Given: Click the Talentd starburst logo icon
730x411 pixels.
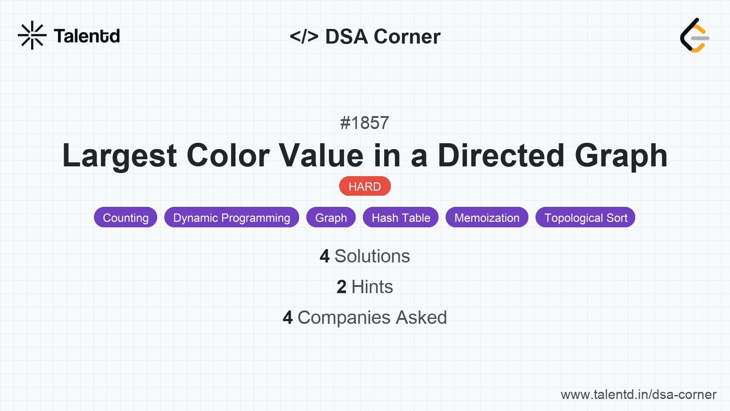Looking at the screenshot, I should coord(32,35).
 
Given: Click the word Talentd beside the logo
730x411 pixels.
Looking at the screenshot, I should coord(87,36).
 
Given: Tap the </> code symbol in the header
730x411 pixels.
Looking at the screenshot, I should coord(304,36).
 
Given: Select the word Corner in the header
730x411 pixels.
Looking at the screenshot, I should coord(407,36).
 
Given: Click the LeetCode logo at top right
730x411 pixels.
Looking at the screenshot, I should coord(694,36).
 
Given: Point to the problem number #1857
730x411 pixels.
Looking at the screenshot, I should coord(365,123).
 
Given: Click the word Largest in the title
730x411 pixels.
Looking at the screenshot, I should coord(119,156).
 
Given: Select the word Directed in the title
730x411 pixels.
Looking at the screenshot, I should coord(501,156).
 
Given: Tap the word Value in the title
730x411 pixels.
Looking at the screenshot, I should coord(320,156).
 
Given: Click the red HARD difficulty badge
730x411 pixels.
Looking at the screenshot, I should coord(365,186).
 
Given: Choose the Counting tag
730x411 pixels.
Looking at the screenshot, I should coord(126,218).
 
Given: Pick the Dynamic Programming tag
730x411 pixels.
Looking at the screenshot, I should coord(231,218).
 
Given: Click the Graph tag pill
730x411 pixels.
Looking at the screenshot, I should coord(331,218).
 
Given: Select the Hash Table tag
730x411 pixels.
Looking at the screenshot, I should coord(401,218).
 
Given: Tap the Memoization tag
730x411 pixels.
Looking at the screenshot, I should coord(487,218).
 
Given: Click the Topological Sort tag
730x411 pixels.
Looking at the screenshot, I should coord(585,218).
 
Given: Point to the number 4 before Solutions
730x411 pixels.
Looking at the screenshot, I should coord(324,257).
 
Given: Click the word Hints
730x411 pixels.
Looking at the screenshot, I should coord(372,287).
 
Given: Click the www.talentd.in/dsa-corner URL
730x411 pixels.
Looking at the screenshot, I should coord(638,395).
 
